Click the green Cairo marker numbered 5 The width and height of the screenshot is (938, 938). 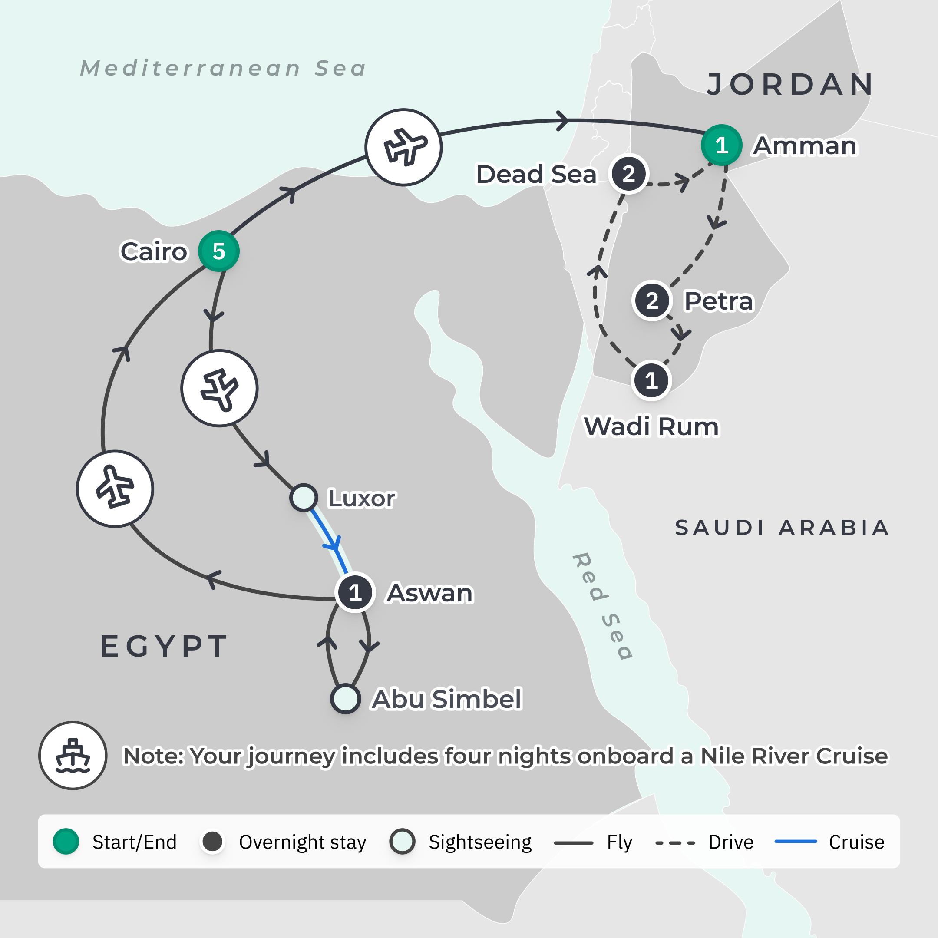tap(218, 251)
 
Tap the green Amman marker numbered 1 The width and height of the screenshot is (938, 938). tap(721, 145)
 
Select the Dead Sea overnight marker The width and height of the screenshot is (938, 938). tap(629, 174)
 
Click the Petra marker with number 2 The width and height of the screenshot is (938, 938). tap(652, 301)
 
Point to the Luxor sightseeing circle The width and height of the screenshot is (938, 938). tap(304, 498)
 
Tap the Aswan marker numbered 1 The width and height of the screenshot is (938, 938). tap(355, 592)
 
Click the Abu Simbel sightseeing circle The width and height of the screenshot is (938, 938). tap(345, 699)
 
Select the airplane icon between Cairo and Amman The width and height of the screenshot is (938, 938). tap(403, 147)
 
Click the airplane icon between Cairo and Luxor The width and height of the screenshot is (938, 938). tap(219, 388)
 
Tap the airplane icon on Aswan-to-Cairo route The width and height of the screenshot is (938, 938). tap(115, 489)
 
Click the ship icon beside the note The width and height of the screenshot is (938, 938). tap(73, 756)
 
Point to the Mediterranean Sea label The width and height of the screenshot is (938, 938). tap(223, 69)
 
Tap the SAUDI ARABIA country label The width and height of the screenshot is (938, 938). tap(782, 528)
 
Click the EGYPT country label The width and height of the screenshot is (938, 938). tap(164, 646)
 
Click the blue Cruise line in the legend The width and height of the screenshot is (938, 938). tap(796, 842)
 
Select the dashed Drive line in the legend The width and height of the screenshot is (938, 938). tap(675, 842)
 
